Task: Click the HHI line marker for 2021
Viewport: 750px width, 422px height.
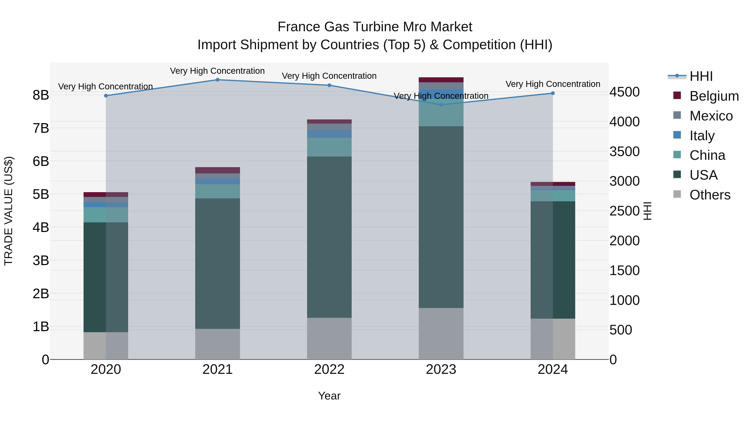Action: tap(217, 80)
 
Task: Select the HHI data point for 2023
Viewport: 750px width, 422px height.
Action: tap(441, 105)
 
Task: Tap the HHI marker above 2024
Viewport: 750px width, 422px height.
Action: tap(552, 93)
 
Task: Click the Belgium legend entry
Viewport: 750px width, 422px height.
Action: tap(714, 96)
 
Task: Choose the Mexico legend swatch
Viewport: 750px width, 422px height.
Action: tap(677, 115)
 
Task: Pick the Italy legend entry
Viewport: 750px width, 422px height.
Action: tap(702, 136)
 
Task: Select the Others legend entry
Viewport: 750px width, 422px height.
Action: tap(710, 195)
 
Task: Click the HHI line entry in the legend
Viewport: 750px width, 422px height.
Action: tap(701, 76)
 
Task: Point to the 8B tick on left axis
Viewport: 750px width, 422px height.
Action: tap(41, 95)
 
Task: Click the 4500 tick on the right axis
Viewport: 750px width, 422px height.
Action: tap(625, 92)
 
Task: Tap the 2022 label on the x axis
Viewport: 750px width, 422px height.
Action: tap(329, 369)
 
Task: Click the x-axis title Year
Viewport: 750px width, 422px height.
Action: tap(329, 396)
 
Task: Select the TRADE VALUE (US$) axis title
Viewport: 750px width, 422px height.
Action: tap(9, 211)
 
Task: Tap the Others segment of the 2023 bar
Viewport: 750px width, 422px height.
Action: tap(441, 333)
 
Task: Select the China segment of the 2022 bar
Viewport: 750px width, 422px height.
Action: tap(329, 147)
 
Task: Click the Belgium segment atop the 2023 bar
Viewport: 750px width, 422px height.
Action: tap(441, 80)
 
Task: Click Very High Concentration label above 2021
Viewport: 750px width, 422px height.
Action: tap(217, 71)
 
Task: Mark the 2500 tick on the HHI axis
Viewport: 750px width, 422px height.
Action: tap(625, 211)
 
